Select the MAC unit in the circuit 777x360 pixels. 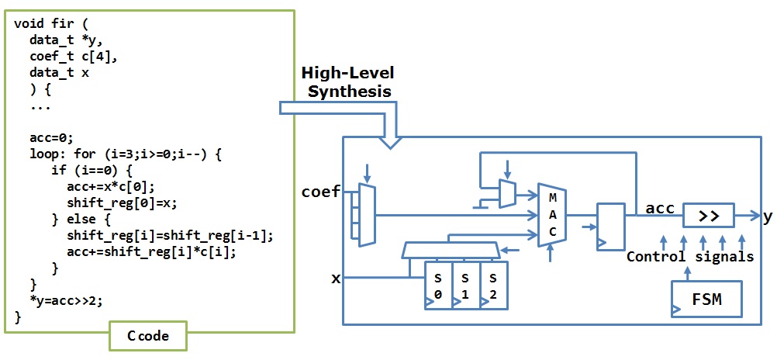pyautogui.click(x=551, y=215)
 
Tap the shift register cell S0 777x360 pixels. pyautogui.click(x=438, y=286)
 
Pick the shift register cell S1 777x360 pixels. pyautogui.click(x=466, y=286)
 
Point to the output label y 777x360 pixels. pyautogui.click(x=766, y=216)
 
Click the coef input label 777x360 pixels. pyautogui.click(x=320, y=192)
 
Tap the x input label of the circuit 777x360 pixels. pyautogui.click(x=336, y=278)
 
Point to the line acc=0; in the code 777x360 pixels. pyautogui.click(x=50, y=137)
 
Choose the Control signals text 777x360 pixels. pyautogui.click(x=689, y=257)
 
